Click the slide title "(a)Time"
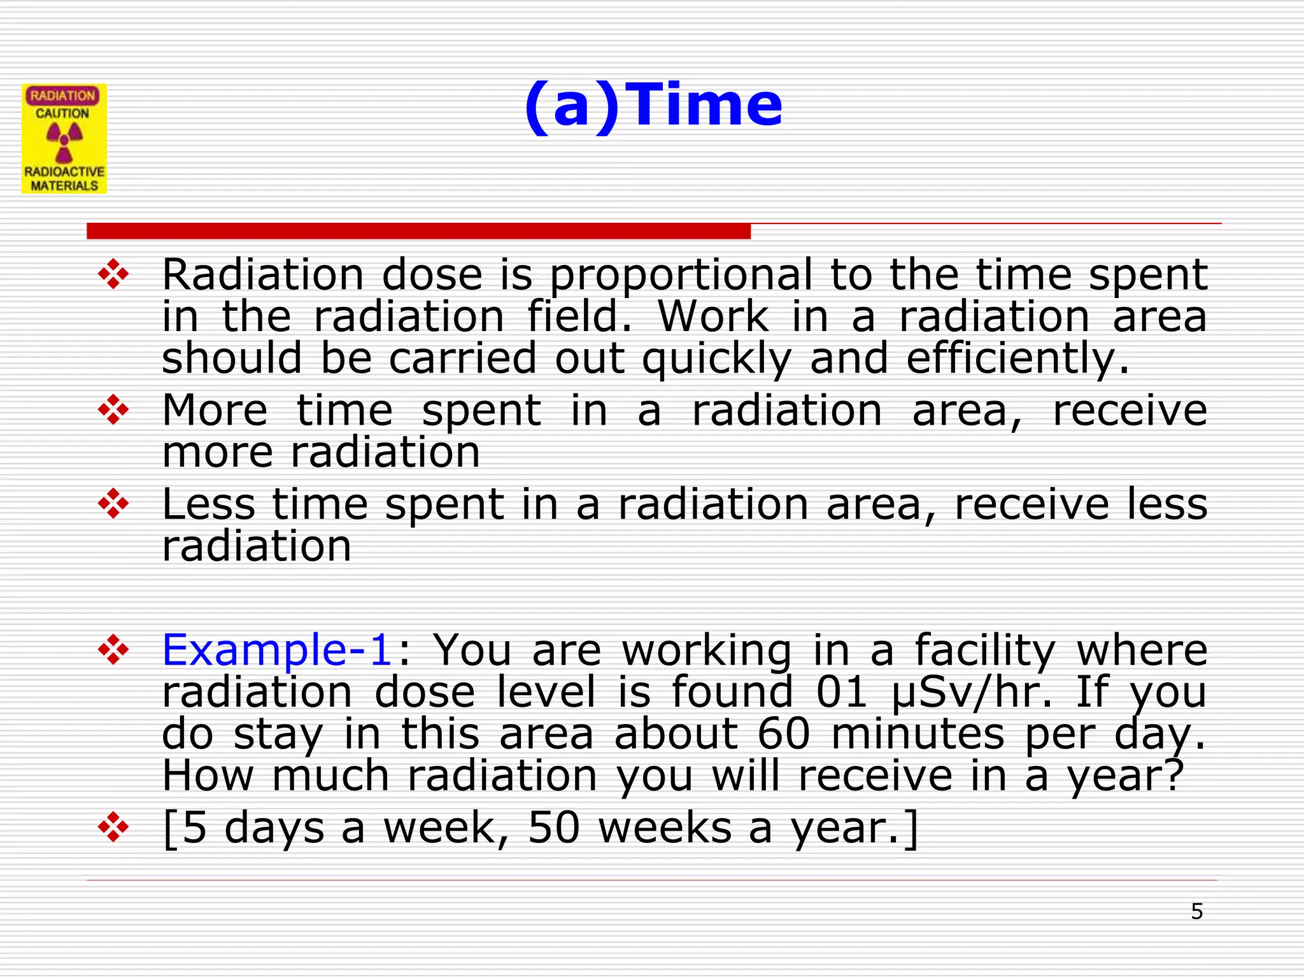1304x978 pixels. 653,105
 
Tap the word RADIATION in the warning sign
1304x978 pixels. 62,96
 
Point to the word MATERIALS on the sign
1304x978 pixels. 64,186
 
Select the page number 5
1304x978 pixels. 1197,912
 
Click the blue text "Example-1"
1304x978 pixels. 277,650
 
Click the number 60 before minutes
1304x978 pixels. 784,734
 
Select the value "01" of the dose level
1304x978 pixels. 842,692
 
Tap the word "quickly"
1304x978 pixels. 716,358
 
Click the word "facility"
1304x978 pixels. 985,650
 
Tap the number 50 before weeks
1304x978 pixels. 554,828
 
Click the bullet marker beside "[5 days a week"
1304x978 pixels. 113,827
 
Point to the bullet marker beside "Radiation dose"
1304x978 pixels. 113,274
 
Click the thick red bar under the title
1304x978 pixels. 418,231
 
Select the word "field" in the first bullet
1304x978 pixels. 574,317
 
